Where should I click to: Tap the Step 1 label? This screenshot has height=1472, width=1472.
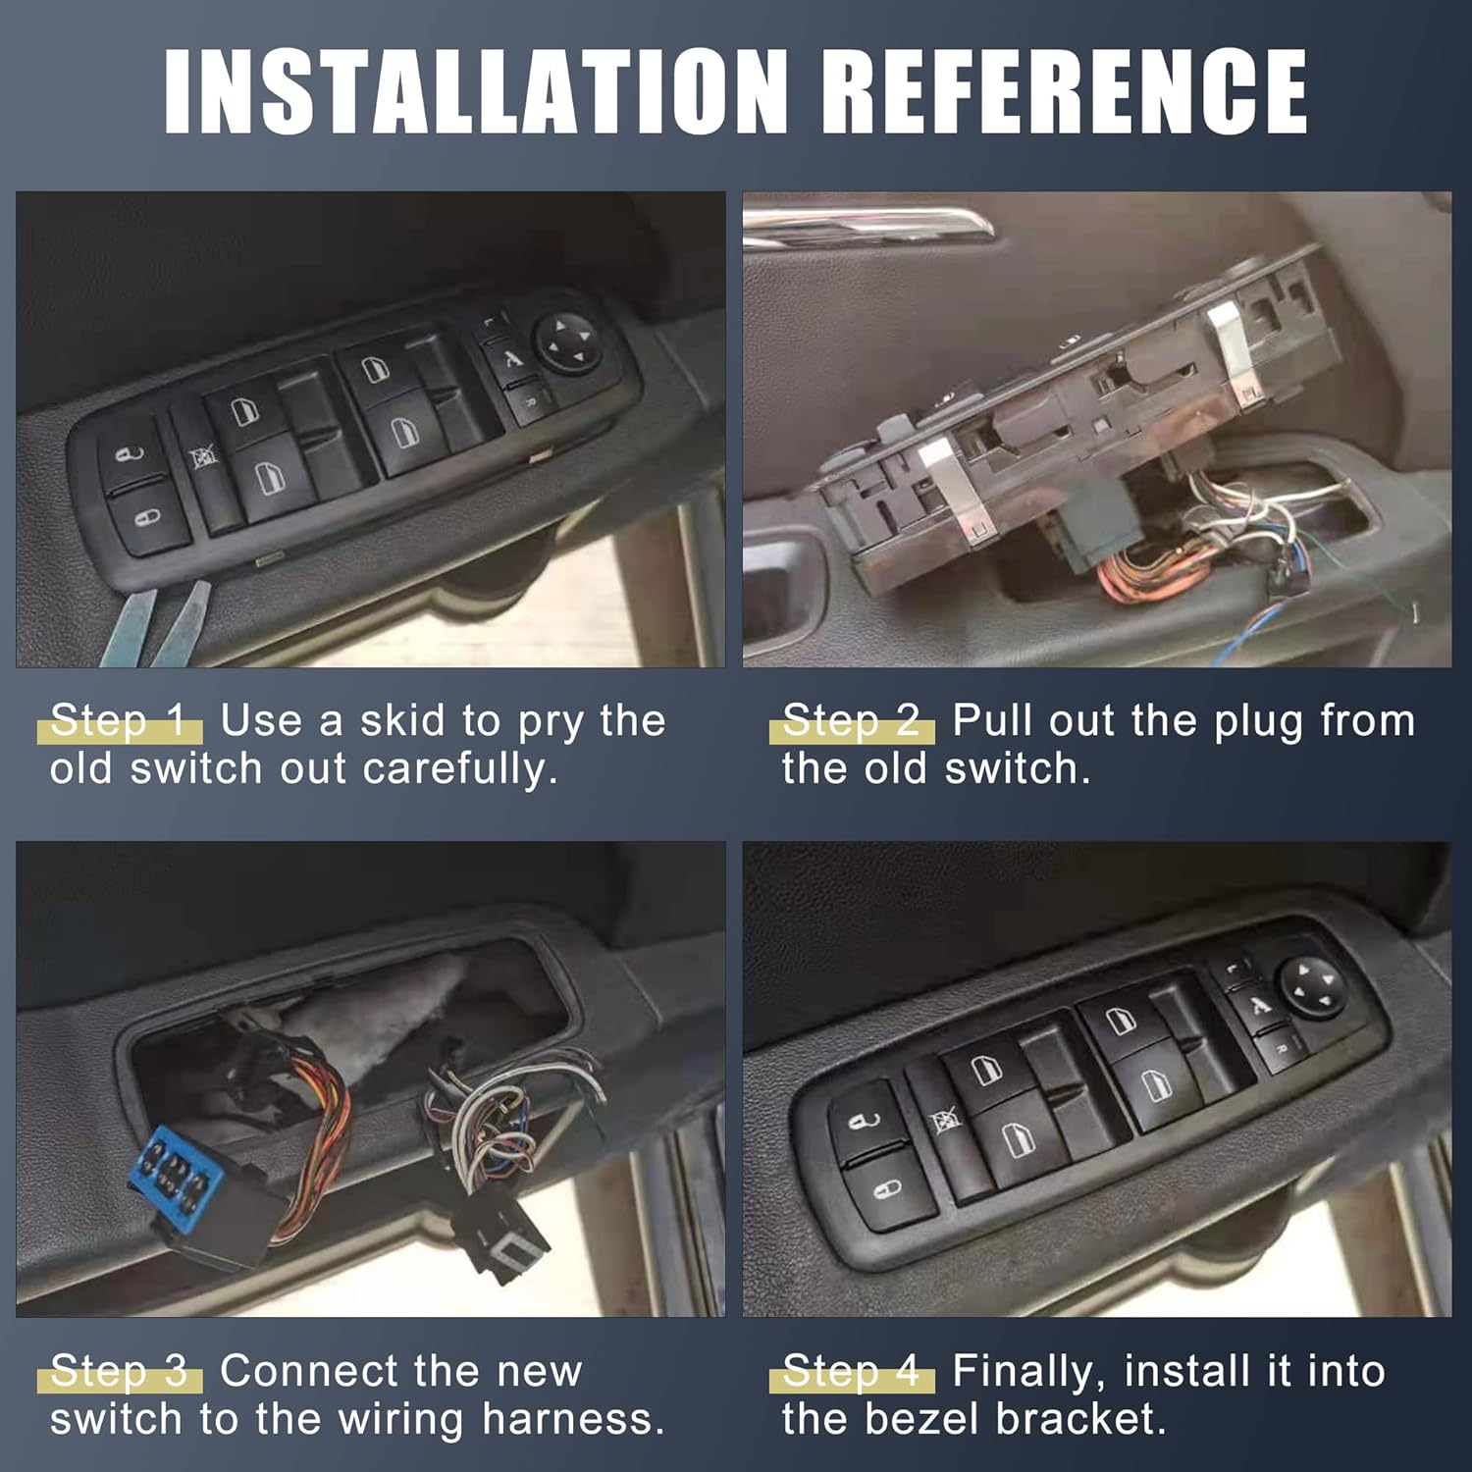pos(119,721)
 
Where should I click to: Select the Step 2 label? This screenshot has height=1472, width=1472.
pos(852,721)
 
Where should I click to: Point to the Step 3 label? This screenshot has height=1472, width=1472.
pos(119,1371)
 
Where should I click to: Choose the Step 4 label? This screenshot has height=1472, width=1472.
pos(852,1371)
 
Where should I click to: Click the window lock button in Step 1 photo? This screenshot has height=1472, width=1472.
pos(202,456)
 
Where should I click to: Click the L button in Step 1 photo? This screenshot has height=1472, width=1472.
pos(494,323)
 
